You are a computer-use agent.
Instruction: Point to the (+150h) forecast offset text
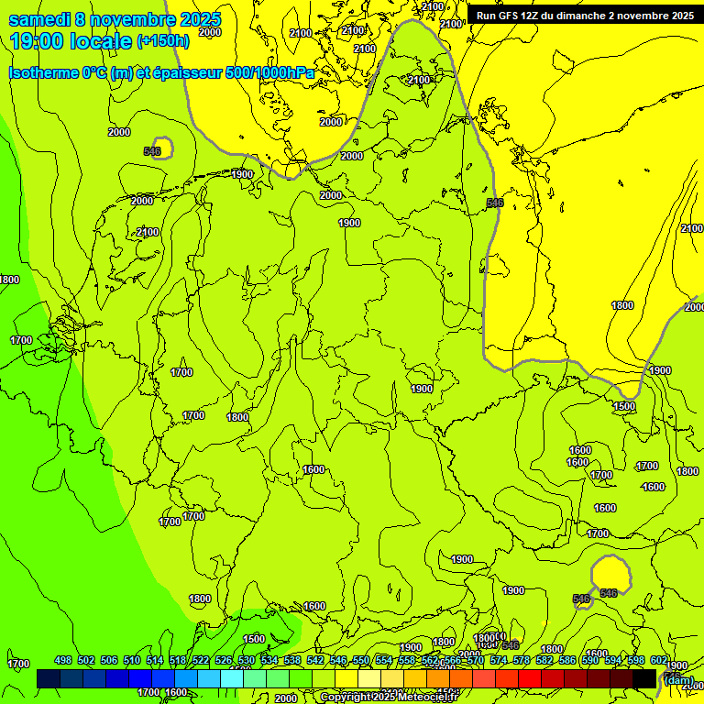click(x=163, y=41)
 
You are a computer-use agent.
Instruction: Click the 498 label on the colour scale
click(x=63, y=661)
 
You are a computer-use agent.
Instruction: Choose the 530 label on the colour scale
click(x=247, y=661)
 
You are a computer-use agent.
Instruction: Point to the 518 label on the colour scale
click(x=178, y=661)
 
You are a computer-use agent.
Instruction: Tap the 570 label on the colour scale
click(x=476, y=661)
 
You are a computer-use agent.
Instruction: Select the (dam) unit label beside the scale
click(x=678, y=680)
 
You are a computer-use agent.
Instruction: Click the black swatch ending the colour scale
click(x=644, y=678)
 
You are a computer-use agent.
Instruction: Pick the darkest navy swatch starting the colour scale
click(x=49, y=678)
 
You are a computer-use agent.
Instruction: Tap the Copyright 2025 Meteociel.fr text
click(x=388, y=698)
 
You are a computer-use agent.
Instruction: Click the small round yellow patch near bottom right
click(x=611, y=575)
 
